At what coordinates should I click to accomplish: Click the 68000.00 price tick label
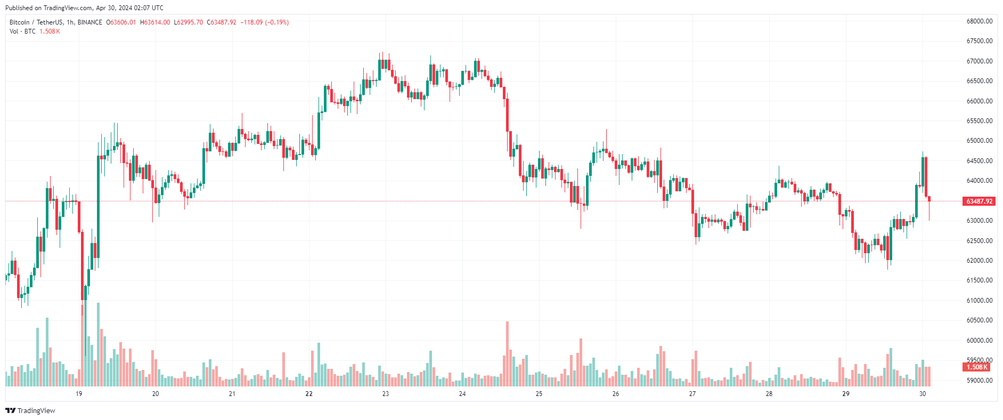(979, 21)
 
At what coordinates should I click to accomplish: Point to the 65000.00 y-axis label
(979, 141)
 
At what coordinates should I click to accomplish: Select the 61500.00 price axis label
(979, 280)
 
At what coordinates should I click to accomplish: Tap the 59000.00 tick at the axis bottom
(979, 381)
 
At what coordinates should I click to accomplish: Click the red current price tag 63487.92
(979, 201)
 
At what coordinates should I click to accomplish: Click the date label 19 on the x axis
(79, 394)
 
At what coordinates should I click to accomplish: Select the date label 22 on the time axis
(309, 394)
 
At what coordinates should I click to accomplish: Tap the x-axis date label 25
(539, 394)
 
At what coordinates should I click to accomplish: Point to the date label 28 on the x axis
(769, 394)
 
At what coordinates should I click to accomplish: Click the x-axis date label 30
(923, 394)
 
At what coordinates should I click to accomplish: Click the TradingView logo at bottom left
(30, 410)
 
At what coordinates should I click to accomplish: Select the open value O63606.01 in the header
(121, 22)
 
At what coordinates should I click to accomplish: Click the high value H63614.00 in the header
(156, 22)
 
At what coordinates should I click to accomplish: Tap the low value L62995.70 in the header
(189, 22)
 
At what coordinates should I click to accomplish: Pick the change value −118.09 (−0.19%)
(265, 22)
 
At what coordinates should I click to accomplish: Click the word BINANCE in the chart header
(89, 22)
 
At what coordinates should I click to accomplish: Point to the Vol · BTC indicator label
(22, 31)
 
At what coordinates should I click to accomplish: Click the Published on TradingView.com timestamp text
(84, 8)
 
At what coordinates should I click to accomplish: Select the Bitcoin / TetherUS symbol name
(36, 22)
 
